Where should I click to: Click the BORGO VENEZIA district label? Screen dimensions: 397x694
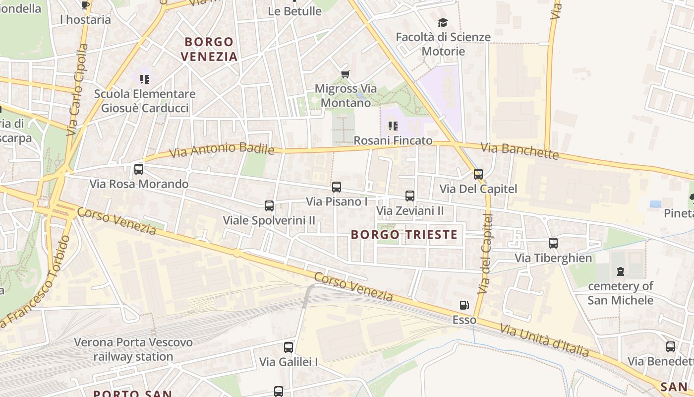point(209,49)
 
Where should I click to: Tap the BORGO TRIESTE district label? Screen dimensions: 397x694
point(404,235)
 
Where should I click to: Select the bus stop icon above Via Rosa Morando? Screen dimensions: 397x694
point(139,169)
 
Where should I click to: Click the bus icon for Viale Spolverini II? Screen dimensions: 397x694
point(269,205)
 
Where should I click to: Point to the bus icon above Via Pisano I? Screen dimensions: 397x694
point(337,187)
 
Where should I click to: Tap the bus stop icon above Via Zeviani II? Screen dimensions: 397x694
point(410,196)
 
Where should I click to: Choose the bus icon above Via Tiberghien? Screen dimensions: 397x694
point(553,243)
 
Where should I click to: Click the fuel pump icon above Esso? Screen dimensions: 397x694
point(464,305)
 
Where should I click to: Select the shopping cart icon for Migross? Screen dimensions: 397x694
point(346,74)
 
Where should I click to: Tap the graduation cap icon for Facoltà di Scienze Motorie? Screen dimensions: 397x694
point(443,22)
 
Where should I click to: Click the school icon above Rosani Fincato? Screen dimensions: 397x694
point(393,126)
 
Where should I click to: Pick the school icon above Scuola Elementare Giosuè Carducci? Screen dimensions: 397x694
point(145,79)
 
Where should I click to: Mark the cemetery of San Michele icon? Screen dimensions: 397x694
point(620,271)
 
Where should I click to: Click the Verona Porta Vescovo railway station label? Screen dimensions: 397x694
point(133,349)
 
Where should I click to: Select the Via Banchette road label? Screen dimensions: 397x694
point(520,151)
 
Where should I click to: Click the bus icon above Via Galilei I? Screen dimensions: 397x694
point(289,347)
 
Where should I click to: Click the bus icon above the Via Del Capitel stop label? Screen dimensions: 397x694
point(478,174)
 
